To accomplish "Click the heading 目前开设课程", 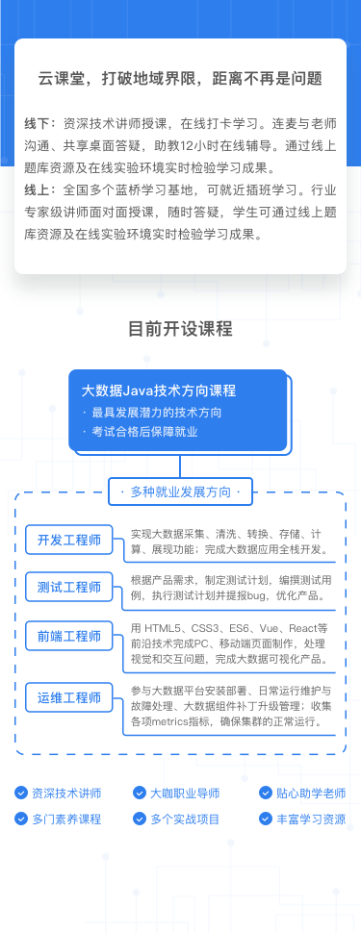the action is coord(180,329).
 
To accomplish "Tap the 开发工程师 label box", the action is coord(69,540).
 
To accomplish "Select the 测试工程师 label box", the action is coord(69,587).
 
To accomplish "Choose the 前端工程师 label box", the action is coord(69,636).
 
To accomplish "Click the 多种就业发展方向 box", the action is coord(180,492).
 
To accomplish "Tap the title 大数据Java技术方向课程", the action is coord(159,391).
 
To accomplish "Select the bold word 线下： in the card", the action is coord(41,124).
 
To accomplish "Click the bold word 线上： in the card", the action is coord(41,189).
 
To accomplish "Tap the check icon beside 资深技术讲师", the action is coord(21,794).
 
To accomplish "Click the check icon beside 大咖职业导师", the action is coord(140,794).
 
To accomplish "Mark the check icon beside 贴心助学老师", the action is coord(266,794).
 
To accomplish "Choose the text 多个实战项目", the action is coord(184,820).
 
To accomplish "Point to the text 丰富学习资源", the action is coord(310,820).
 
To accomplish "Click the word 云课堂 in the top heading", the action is coord(59,78).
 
